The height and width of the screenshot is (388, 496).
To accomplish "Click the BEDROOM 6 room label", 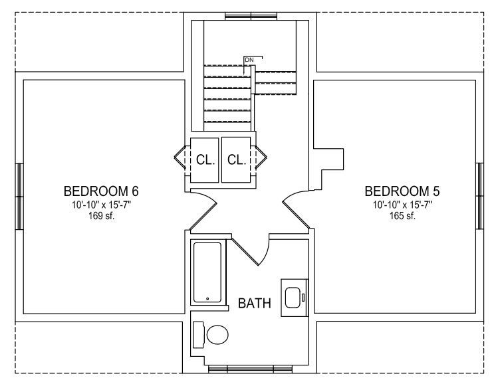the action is click(x=101, y=191).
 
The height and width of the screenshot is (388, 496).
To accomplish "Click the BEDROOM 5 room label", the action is click(x=402, y=191).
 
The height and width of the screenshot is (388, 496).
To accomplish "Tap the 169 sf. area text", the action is click(x=101, y=216).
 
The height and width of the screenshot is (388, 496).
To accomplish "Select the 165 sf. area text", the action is click(x=402, y=216).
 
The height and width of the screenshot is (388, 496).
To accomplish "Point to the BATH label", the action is click(x=255, y=303).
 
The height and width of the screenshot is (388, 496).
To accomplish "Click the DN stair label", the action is click(x=249, y=60).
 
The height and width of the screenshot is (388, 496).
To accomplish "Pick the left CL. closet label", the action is click(x=205, y=160).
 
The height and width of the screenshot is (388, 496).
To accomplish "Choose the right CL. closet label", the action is click(x=237, y=160).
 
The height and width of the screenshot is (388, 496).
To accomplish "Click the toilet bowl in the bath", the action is click(x=217, y=335).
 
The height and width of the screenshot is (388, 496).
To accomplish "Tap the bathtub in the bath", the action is click(x=207, y=272).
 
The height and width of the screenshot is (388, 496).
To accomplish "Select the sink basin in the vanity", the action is click(x=293, y=298).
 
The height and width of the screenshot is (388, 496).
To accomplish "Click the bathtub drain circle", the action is click(x=207, y=298).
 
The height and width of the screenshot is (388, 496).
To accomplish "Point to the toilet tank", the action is click(x=198, y=335).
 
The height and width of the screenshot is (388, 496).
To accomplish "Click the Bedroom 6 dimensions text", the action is click(x=101, y=205).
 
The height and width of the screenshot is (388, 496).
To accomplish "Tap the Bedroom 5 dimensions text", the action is click(x=402, y=205).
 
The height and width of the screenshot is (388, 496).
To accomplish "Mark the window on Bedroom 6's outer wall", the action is click(x=19, y=197).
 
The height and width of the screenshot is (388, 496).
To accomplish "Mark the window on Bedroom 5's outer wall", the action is click(x=479, y=196).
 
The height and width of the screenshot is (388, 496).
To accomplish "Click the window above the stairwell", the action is click(x=251, y=16).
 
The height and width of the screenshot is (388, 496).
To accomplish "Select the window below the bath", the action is click(x=250, y=369).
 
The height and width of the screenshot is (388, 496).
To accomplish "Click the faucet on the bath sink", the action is click(x=303, y=298).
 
